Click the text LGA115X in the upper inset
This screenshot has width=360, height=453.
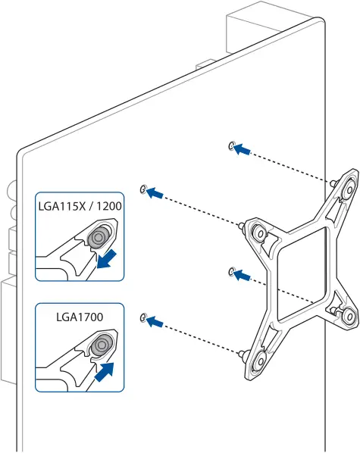coord(62,205)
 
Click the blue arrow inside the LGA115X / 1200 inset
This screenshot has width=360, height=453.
coord(108,259)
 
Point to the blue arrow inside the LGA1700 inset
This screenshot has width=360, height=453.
coord(107,370)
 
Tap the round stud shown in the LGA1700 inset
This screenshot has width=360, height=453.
coord(99,348)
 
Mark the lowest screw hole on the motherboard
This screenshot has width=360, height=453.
coord(142,317)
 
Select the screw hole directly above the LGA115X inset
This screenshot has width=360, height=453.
coord(142,188)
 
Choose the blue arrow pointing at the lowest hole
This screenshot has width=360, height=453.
coord(155,322)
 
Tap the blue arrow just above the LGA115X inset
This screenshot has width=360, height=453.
coord(155,193)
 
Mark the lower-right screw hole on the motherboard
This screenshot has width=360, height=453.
coord(231,270)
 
